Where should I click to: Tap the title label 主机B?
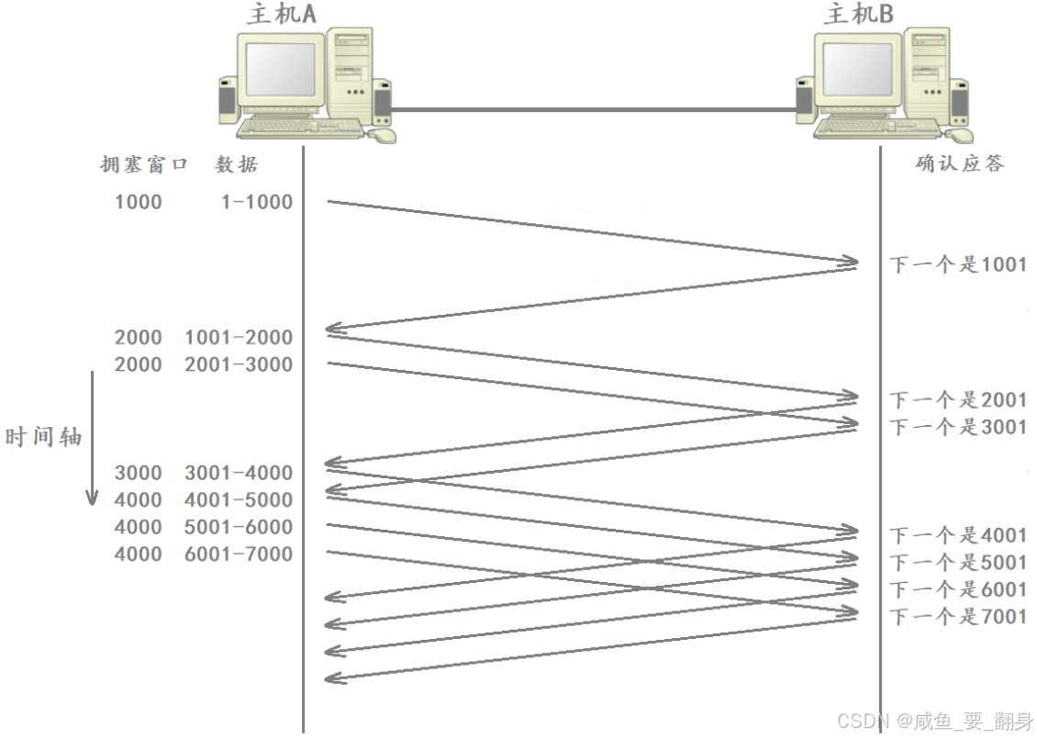[x=859, y=14]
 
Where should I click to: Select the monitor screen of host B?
[x=857, y=74]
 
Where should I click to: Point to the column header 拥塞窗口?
[x=144, y=165]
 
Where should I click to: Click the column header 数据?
[x=237, y=165]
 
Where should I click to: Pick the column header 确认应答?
[x=959, y=163]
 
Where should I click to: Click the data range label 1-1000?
[x=256, y=202]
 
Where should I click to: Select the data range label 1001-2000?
[x=239, y=338]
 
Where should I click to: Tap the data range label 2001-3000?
[x=239, y=365]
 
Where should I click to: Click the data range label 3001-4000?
[x=239, y=474]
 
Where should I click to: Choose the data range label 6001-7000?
[x=239, y=554]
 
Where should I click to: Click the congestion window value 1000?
[x=138, y=202]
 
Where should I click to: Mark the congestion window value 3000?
[x=138, y=474]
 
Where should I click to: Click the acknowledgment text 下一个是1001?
[x=958, y=265]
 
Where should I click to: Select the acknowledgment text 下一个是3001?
[x=958, y=427]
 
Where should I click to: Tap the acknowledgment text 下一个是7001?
[x=958, y=617]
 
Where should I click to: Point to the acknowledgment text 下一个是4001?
[x=958, y=535]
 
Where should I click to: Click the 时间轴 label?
[x=44, y=437]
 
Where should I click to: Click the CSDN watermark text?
[x=934, y=721]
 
